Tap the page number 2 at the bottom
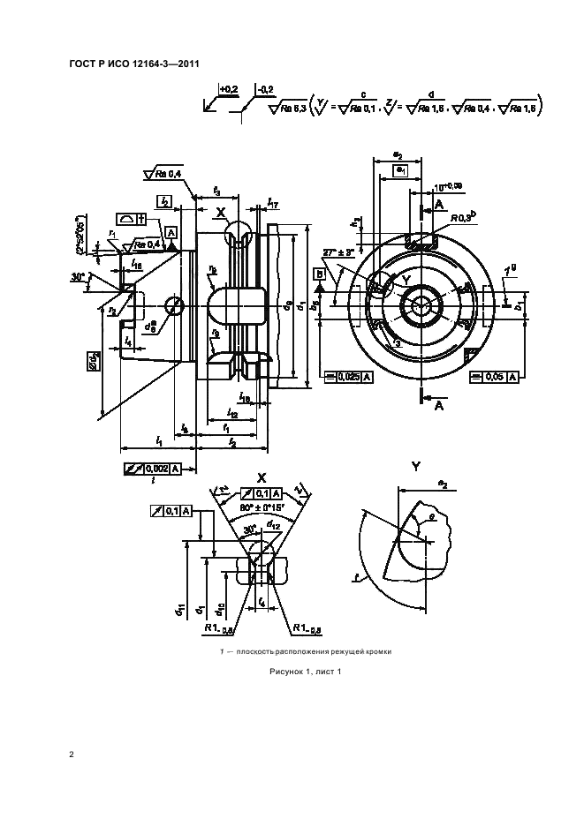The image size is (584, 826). coord(72,755)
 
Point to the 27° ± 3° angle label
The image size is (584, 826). coord(338,252)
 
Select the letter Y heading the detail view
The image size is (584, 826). coord(415,465)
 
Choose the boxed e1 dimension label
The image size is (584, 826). coord(401,169)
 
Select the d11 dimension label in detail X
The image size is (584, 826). coord(179,609)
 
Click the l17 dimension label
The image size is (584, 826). coord(275,204)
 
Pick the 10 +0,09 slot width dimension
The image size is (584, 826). coord(449,188)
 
